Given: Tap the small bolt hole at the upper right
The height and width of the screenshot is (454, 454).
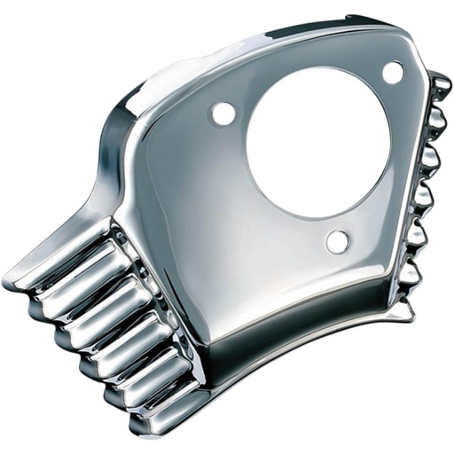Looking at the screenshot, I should (393, 73).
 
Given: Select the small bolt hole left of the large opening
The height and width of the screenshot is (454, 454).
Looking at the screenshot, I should (223, 113).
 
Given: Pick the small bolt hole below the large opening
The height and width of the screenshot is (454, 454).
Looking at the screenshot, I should (337, 241).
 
